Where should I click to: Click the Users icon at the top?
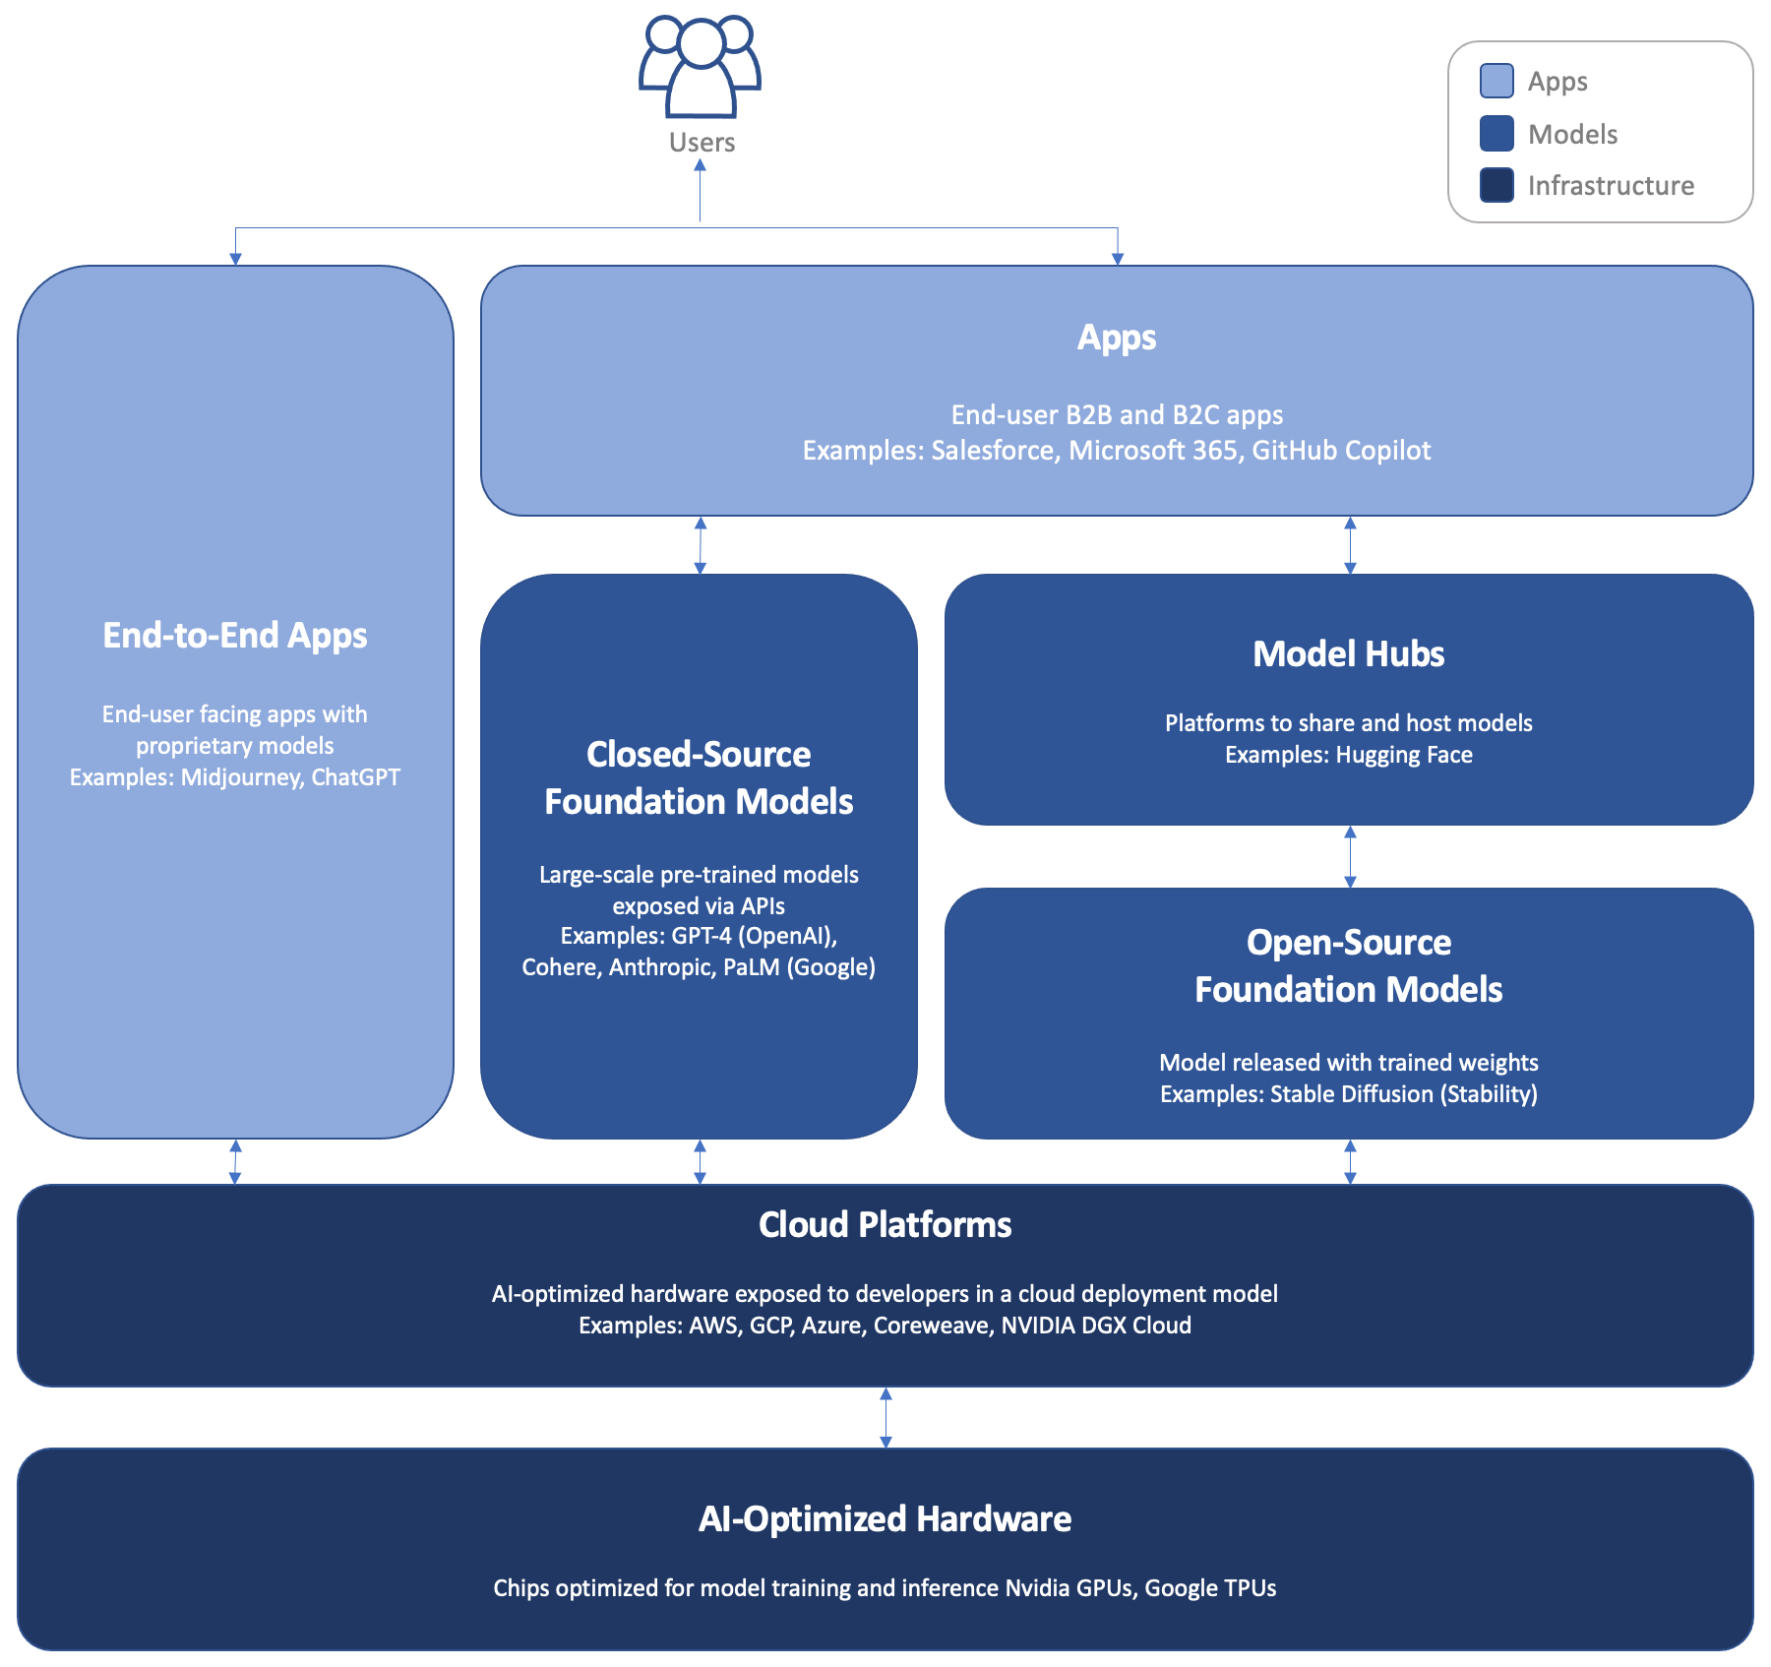(700, 68)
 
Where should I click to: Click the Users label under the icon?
(702, 143)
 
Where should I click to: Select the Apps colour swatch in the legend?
(1496, 81)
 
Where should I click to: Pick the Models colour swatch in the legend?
(1496, 134)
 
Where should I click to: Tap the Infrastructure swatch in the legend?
(1496, 185)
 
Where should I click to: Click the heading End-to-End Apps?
(235, 636)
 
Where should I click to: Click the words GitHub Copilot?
(1341, 451)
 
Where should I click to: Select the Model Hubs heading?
(1348, 654)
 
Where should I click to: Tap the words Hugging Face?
(1404, 755)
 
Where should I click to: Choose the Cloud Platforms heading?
(885, 1225)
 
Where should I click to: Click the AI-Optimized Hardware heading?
(885, 1519)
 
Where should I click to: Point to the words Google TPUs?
(1210, 1588)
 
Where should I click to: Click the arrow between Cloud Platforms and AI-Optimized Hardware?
(885, 1417)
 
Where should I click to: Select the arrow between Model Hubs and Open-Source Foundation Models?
(1350, 856)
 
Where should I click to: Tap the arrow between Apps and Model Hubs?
(1350, 545)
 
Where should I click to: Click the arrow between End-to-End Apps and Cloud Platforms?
(235, 1161)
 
